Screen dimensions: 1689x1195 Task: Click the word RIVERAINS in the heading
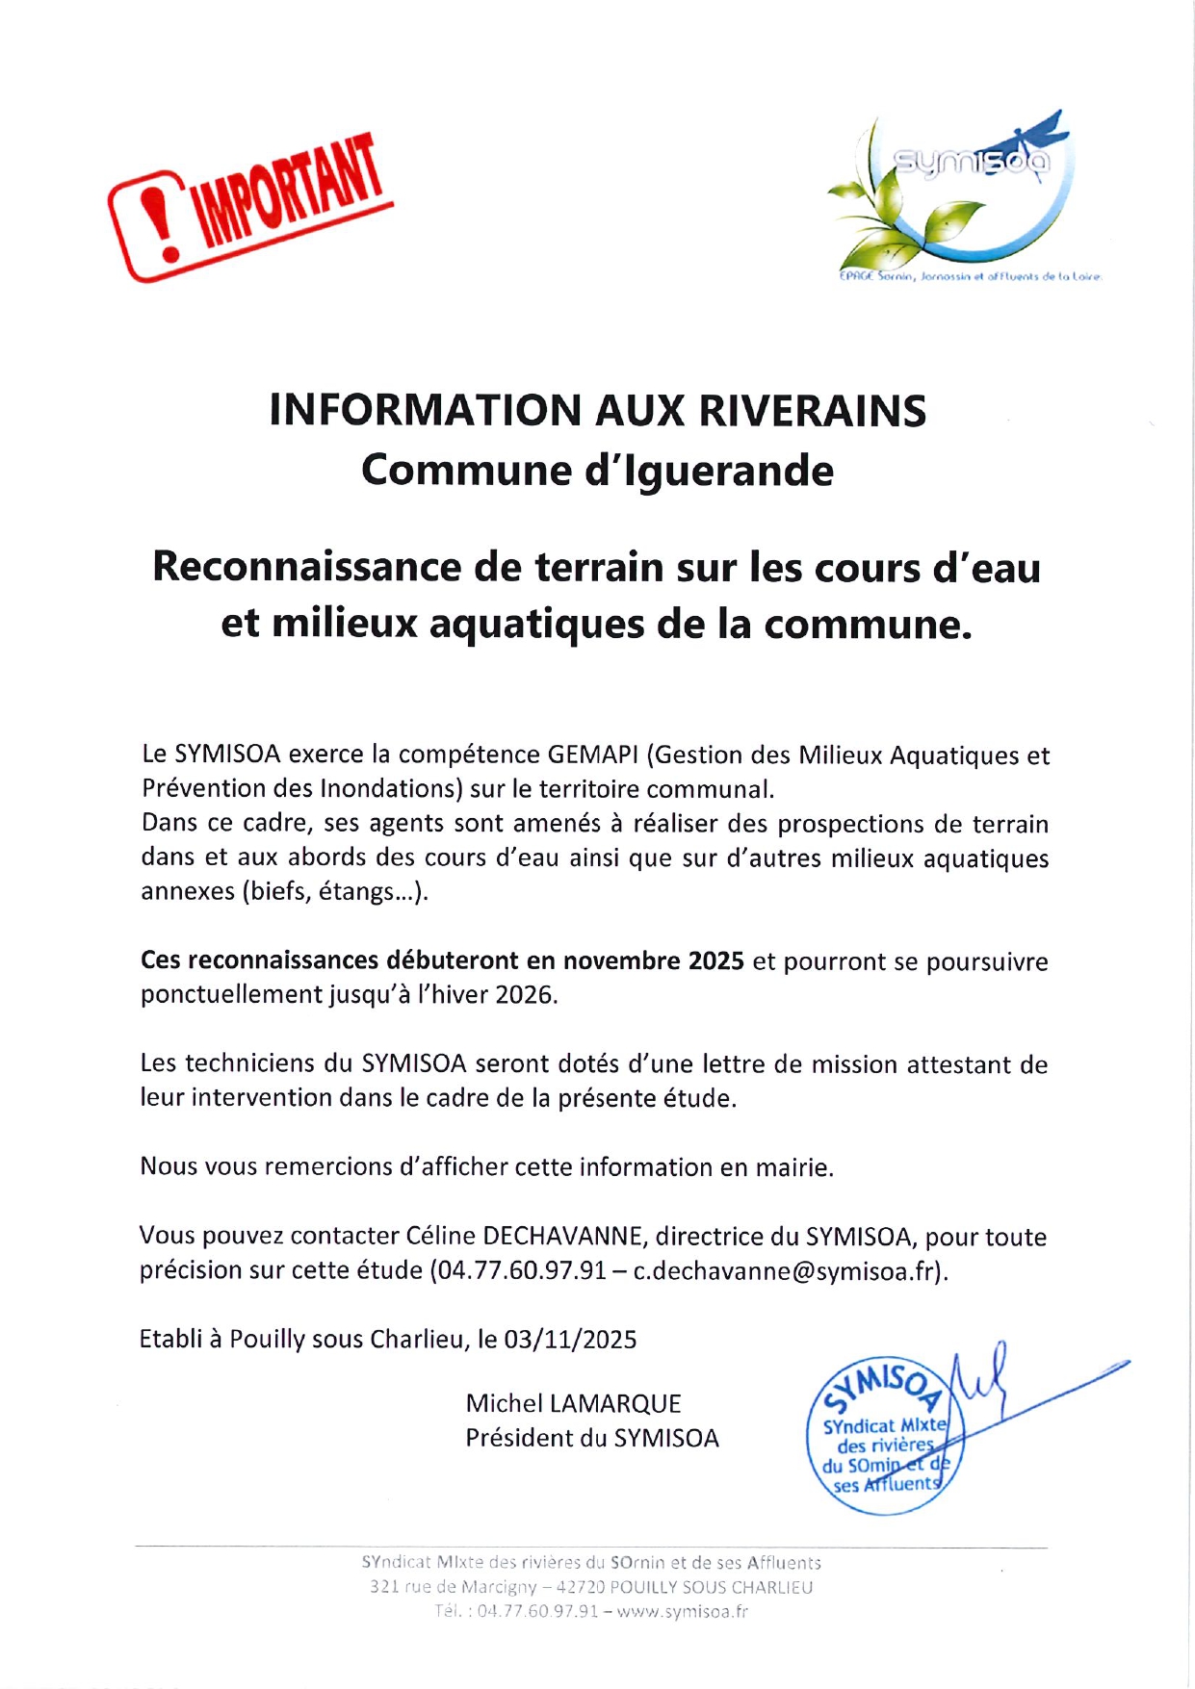(x=812, y=411)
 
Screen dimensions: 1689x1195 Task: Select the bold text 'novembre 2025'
(x=654, y=960)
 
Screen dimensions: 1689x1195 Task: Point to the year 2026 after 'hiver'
(x=525, y=994)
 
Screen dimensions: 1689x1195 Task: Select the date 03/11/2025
(x=570, y=1340)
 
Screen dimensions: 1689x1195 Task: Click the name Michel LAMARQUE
(x=573, y=1404)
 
